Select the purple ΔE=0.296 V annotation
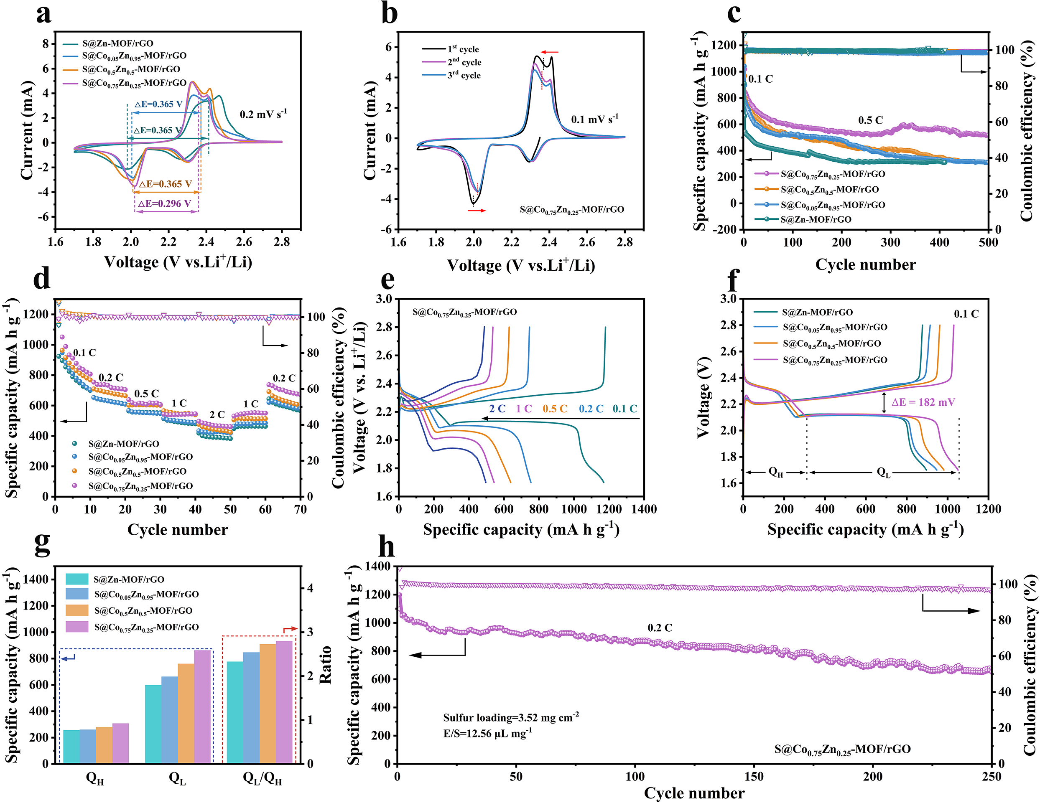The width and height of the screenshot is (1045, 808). (165, 204)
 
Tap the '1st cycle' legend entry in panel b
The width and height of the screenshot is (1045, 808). (463, 49)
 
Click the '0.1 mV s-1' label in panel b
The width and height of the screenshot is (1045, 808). (594, 119)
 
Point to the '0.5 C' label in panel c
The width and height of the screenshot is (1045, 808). (870, 120)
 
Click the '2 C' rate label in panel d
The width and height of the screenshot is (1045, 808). (217, 414)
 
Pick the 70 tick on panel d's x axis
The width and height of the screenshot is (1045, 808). (300, 510)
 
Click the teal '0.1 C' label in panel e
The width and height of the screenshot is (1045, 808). (625, 409)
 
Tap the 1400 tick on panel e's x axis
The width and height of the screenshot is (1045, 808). (644, 510)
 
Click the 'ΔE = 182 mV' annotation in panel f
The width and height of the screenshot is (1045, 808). (923, 402)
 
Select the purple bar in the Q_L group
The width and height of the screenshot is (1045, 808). (202, 706)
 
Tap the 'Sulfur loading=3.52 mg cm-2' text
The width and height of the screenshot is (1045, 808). (510, 717)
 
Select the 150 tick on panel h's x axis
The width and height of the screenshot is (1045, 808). (754, 776)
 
